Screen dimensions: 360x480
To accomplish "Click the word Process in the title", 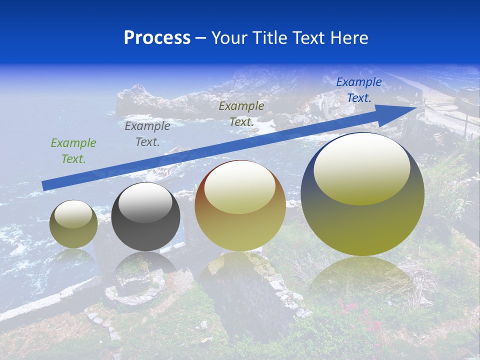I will pos(157,38).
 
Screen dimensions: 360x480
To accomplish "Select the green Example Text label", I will pos(73,150).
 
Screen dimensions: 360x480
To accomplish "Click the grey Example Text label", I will pos(147,133).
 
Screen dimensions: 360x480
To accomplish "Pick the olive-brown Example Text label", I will pos(241,113).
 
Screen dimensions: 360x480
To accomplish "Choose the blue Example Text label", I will pos(358,90).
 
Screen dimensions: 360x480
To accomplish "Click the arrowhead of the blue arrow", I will pos(407,108).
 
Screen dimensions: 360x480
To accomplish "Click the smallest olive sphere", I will pos(73,235).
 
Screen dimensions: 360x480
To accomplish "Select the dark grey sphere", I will pos(145,232).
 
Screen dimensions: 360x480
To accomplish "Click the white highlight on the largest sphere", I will pos(361,167).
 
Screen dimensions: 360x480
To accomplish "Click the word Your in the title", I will pos(229,38).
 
